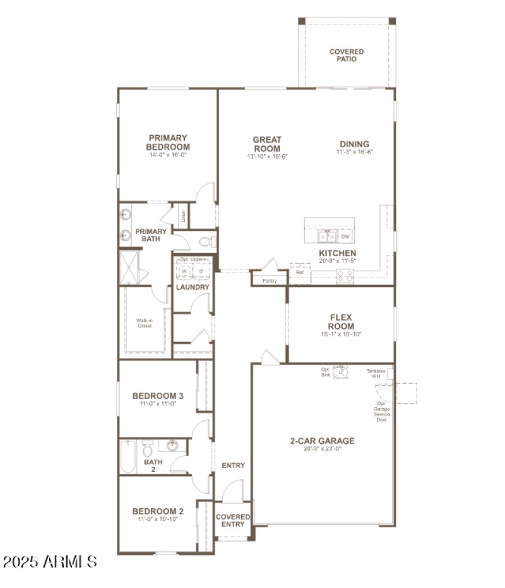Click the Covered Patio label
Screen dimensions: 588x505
pyautogui.click(x=347, y=56)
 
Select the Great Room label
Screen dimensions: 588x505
pyautogui.click(x=267, y=144)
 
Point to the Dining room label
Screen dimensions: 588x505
pyautogui.click(x=354, y=144)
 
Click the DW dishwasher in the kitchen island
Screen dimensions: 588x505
pyautogui.click(x=345, y=236)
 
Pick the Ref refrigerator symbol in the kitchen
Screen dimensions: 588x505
pyautogui.click(x=300, y=273)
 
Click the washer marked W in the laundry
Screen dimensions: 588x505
pyautogui.click(x=185, y=271)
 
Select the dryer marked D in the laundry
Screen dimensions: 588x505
pyautogui.click(x=201, y=271)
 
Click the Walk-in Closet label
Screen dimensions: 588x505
pyautogui.click(x=145, y=323)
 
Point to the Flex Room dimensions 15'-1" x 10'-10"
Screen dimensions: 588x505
pyautogui.click(x=340, y=334)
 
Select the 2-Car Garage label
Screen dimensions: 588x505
pyautogui.click(x=322, y=441)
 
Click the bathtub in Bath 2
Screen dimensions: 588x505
pyautogui.click(x=128, y=456)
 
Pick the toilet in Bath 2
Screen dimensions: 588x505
pyautogui.click(x=148, y=450)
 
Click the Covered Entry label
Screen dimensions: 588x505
pyautogui.click(x=233, y=520)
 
